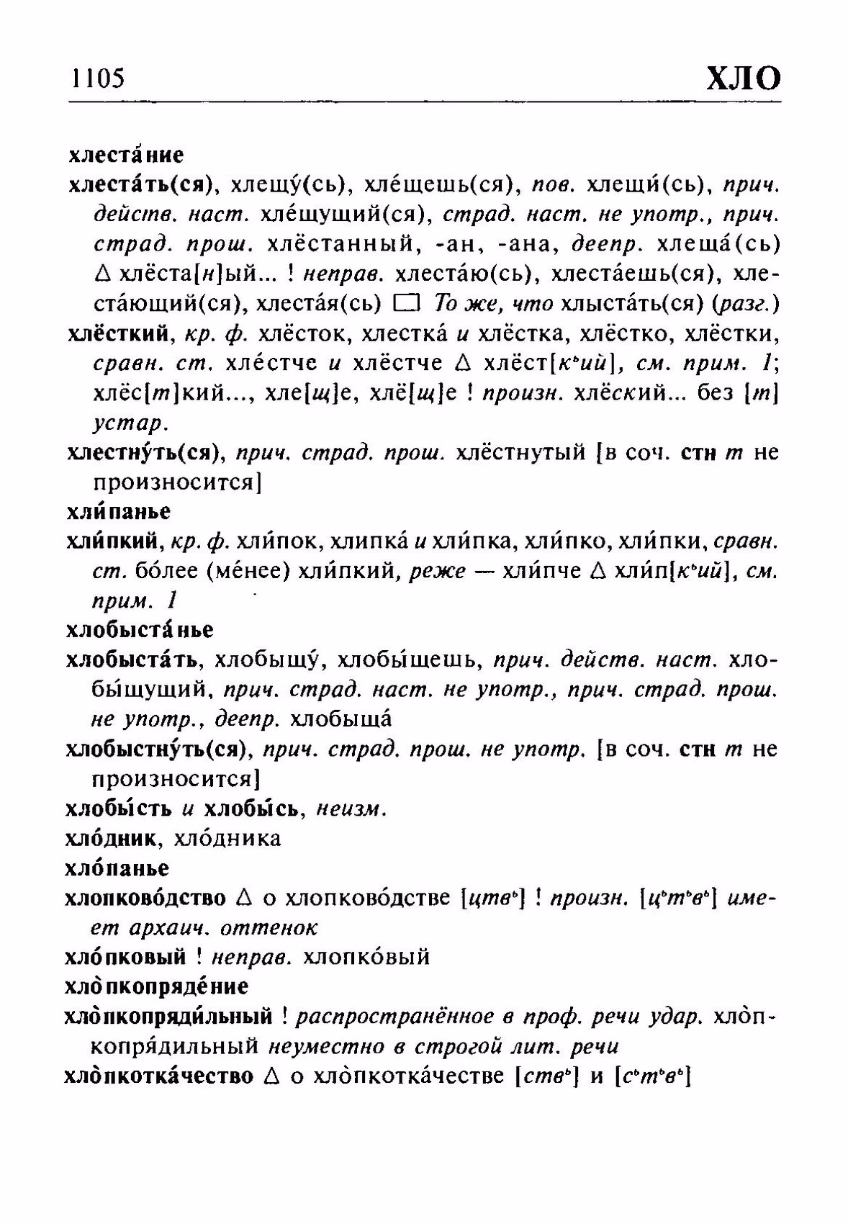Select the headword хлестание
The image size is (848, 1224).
pos(126,155)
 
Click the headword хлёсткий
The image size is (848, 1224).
pos(120,334)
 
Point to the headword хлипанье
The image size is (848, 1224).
pos(119,511)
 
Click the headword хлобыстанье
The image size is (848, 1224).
pos(140,630)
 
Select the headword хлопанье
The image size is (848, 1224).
pos(117,868)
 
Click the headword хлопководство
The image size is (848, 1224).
pos(145,898)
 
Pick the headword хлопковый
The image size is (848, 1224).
pos(125,957)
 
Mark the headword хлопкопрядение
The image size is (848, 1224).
pos(156,986)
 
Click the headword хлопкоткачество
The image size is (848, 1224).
pos(159,1076)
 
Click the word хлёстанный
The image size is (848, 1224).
pos(343,244)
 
